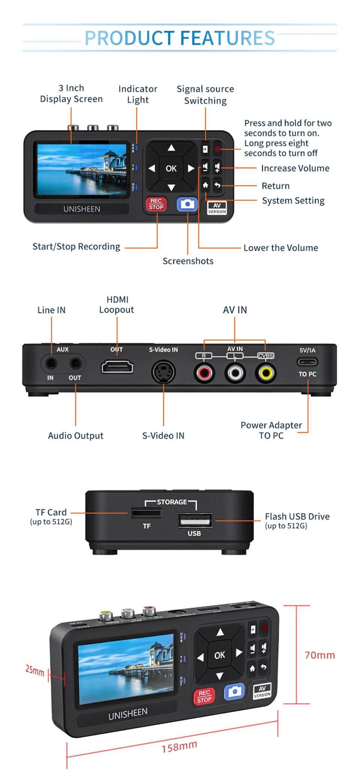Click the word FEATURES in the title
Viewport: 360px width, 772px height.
(x=228, y=38)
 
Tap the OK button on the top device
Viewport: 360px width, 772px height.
(x=171, y=169)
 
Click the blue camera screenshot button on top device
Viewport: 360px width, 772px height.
(x=187, y=204)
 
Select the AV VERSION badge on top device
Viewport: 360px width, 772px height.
(x=217, y=208)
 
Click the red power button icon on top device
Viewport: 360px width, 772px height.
(x=217, y=149)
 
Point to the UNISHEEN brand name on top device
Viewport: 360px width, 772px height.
(x=82, y=209)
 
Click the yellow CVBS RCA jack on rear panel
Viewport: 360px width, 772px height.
(x=266, y=373)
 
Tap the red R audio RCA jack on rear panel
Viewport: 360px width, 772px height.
(x=204, y=373)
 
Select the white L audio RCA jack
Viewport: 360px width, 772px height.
(x=235, y=373)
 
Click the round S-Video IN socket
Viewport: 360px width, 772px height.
(x=163, y=372)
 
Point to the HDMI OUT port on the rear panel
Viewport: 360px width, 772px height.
(x=117, y=367)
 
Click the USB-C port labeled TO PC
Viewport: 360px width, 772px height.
(x=307, y=362)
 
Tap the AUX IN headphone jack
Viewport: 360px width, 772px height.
(x=51, y=363)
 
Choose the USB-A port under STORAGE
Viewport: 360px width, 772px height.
(x=195, y=520)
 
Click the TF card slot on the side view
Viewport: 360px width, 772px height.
(x=146, y=513)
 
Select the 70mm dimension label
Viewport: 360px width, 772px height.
(x=319, y=655)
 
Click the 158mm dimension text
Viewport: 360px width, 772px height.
(x=179, y=747)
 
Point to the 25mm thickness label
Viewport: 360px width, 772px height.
(x=34, y=670)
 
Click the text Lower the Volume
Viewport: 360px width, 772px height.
(x=280, y=248)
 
